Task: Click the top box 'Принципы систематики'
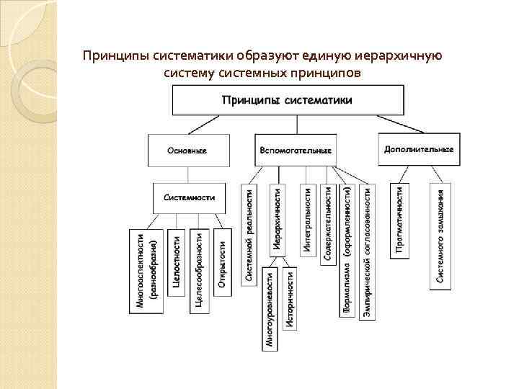pos(288,100)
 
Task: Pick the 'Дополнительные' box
pos(419,149)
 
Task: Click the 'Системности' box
pos(189,197)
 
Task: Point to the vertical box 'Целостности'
pos(177,269)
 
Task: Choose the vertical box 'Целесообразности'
pos(200,270)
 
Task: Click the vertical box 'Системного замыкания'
pos(440,234)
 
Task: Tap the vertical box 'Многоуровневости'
pos(269,309)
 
